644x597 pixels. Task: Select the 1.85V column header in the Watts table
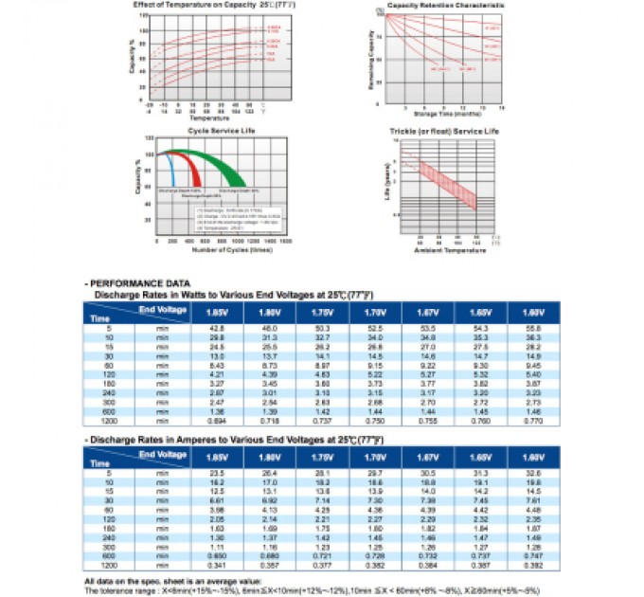pos(216,311)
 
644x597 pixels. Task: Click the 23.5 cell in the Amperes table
pos(216,474)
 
